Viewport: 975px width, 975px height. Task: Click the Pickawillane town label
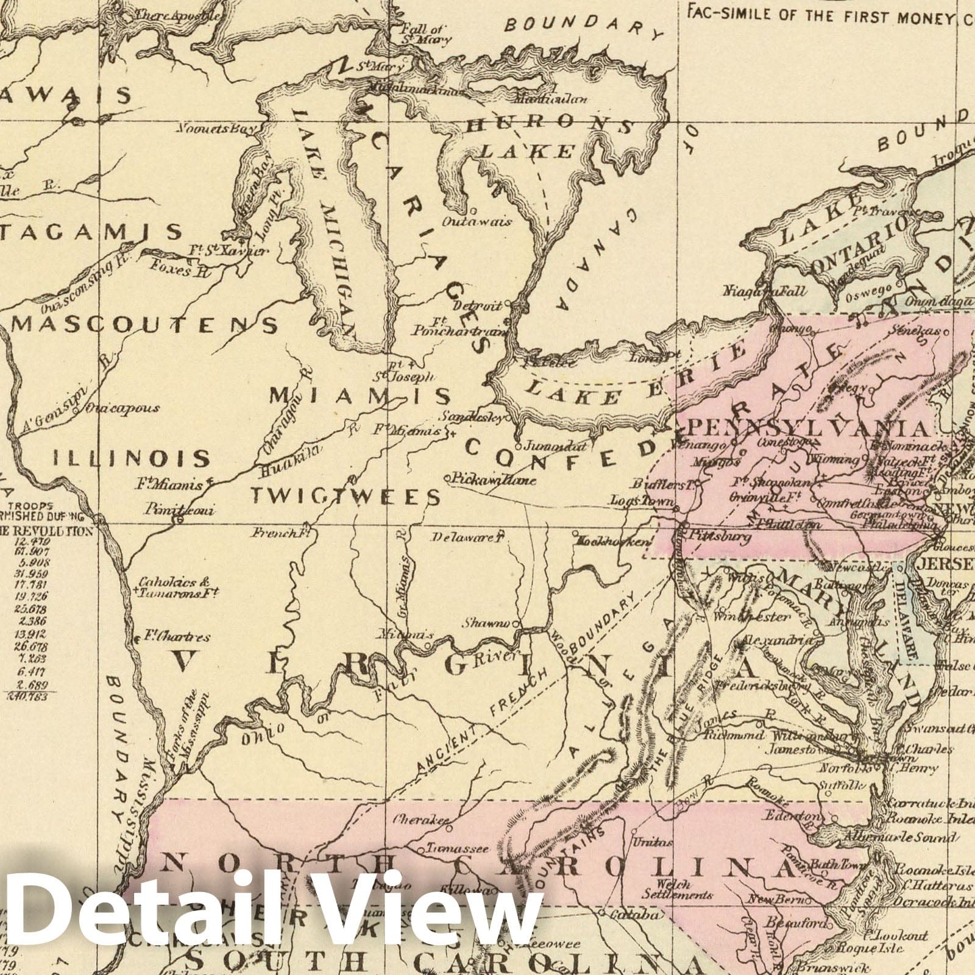click(494, 480)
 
